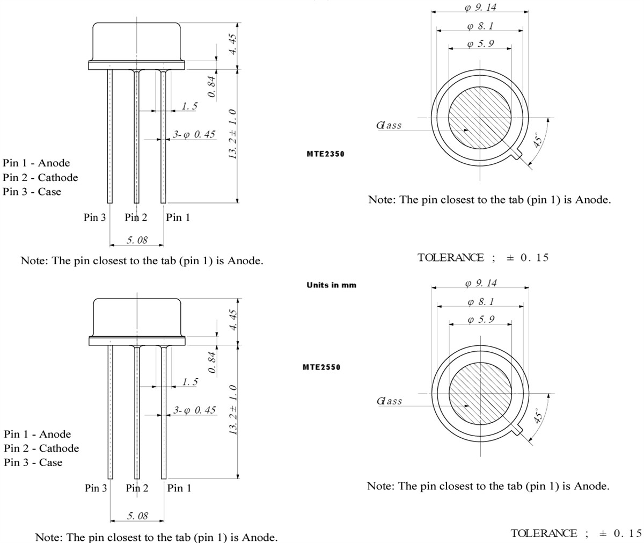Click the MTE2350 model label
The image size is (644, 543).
pyautogui.click(x=325, y=154)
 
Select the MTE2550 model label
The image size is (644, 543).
pyautogui.click(x=321, y=367)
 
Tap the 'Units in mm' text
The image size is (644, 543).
pyautogui.click(x=331, y=285)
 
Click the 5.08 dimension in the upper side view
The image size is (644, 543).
pyautogui.click(x=137, y=240)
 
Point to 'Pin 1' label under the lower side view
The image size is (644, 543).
pyautogui.click(x=179, y=488)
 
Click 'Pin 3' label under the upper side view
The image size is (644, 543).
pyautogui.click(x=95, y=218)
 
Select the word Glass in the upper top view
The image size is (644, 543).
pyautogui.click(x=389, y=126)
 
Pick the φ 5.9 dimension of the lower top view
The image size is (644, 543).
pyautogui.click(x=480, y=320)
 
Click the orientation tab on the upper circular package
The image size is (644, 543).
pyautogui.click(x=517, y=155)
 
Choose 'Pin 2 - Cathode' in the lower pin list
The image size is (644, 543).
pyautogui.click(x=41, y=448)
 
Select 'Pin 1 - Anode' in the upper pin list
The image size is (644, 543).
pyautogui.click(x=36, y=163)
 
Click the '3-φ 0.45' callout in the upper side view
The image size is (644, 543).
pyautogui.click(x=194, y=134)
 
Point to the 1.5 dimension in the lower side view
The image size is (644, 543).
pyautogui.click(x=189, y=382)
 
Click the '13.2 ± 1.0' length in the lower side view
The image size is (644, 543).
pyautogui.click(x=233, y=409)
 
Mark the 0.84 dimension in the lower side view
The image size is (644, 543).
pyautogui.click(x=213, y=362)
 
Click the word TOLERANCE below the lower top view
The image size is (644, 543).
pyautogui.click(x=544, y=533)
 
